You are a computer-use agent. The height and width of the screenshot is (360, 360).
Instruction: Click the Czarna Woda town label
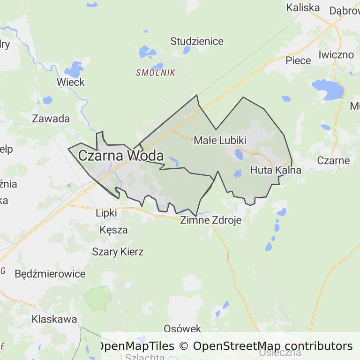[x=121, y=156]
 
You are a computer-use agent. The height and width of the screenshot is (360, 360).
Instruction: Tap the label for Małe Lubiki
[x=220, y=140]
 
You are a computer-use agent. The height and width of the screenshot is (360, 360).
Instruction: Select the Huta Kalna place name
[x=275, y=170]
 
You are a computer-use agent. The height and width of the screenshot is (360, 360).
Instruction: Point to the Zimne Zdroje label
[x=211, y=220]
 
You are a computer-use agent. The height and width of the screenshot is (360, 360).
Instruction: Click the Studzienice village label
[x=197, y=41]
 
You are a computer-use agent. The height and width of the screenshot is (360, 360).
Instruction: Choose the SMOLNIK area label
[x=155, y=73]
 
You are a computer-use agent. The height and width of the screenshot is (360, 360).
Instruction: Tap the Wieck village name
[x=70, y=82]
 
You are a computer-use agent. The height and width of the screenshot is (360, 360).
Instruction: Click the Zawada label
[x=51, y=119]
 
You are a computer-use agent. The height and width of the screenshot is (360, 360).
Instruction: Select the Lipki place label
[x=105, y=213]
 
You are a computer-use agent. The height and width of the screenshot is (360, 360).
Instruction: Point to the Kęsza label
[x=113, y=230]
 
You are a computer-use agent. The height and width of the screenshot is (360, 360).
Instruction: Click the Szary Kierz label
[x=118, y=252]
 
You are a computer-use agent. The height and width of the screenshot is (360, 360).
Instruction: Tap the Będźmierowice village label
[x=50, y=274]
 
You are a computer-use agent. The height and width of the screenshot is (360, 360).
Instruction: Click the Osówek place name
[x=182, y=329]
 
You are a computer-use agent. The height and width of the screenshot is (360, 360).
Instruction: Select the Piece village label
[x=298, y=60]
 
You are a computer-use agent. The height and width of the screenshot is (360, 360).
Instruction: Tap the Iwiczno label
[x=336, y=54]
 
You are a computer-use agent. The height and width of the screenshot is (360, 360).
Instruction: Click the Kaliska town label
[x=303, y=7]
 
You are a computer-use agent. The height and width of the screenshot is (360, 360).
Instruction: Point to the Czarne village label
[x=333, y=160]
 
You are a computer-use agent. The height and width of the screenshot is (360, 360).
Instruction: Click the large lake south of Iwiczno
[x=328, y=88]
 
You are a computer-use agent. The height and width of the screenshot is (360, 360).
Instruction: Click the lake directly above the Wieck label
[x=74, y=69]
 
